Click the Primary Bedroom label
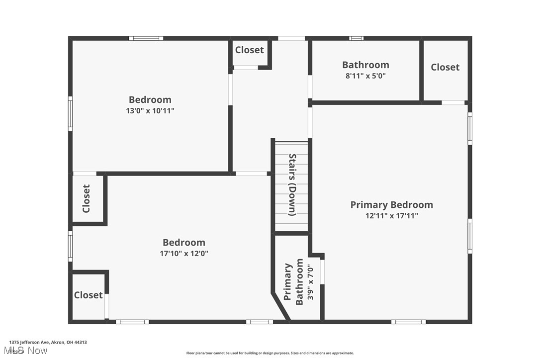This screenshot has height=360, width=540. tap(391, 205)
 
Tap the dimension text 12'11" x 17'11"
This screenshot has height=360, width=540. tap(391, 216)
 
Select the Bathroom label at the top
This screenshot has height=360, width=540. tap(365, 65)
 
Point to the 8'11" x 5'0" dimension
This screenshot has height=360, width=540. tap(365, 76)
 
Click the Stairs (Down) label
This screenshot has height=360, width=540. tap(292, 184)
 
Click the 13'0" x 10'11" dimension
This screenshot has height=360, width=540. tap(150, 111)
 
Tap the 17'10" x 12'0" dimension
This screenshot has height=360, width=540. tap(183, 254)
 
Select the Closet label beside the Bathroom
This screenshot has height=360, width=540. tap(445, 67)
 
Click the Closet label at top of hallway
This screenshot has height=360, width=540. tap(250, 50)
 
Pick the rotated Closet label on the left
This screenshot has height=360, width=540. tap(87, 198)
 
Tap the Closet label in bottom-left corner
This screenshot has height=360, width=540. tap(89, 295)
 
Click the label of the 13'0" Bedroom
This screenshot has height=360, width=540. tap(150, 99)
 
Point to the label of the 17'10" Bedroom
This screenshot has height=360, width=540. tap(183, 243)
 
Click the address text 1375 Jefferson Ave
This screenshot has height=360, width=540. tap(48, 342)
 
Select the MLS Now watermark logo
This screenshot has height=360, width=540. tap(28, 351)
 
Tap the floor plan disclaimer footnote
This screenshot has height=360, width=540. tap(270, 353)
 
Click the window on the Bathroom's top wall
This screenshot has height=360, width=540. tap(356, 38)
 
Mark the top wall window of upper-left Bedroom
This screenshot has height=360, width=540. tap(146, 38)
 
